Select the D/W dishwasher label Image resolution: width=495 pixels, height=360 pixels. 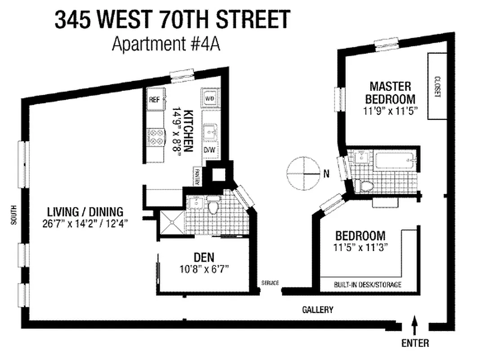[x=210, y=150]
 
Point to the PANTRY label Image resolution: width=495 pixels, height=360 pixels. [x=196, y=176]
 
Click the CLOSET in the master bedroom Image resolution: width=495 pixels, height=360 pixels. [x=436, y=86]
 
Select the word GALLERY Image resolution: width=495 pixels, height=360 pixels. [x=317, y=310]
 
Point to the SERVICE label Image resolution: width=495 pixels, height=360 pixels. [x=270, y=283]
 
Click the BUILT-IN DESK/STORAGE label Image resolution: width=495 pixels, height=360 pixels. [x=368, y=284]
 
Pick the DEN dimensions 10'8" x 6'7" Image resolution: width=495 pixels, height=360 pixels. [x=204, y=270]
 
